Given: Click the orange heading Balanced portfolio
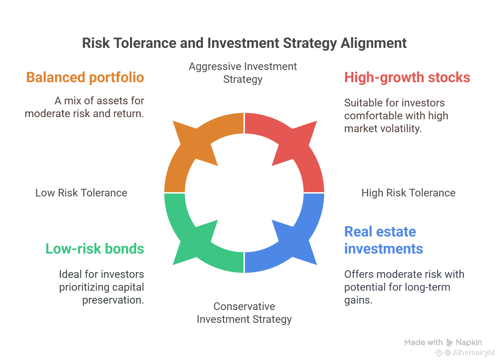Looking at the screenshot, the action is point(85,77).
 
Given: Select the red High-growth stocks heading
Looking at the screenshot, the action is point(407,77).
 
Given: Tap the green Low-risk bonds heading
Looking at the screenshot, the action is point(95,248).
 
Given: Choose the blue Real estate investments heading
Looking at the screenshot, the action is point(383,240).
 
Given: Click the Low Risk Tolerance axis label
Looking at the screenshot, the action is point(81,193).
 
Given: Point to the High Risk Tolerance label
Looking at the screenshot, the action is point(408,193).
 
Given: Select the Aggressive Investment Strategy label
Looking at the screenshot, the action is point(243,73).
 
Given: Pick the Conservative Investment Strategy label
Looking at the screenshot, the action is point(244,313).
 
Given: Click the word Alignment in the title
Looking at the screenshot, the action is point(373,43).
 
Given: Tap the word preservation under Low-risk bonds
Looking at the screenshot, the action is point(113,300).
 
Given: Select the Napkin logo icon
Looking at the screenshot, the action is point(449,343).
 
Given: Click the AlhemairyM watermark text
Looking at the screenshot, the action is point(473,352).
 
